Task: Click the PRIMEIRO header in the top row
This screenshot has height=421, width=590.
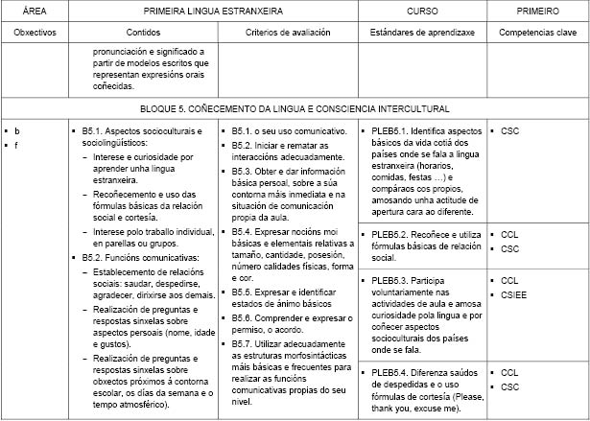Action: click(x=535, y=11)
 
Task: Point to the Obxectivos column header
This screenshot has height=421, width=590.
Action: click(x=34, y=32)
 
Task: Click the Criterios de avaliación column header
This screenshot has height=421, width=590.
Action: click(x=288, y=32)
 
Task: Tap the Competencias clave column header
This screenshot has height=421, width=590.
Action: click(x=535, y=32)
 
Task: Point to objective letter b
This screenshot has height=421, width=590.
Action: click(x=16, y=129)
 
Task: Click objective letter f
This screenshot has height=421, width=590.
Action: click(x=16, y=144)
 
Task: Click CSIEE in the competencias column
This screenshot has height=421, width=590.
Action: click(x=513, y=294)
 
